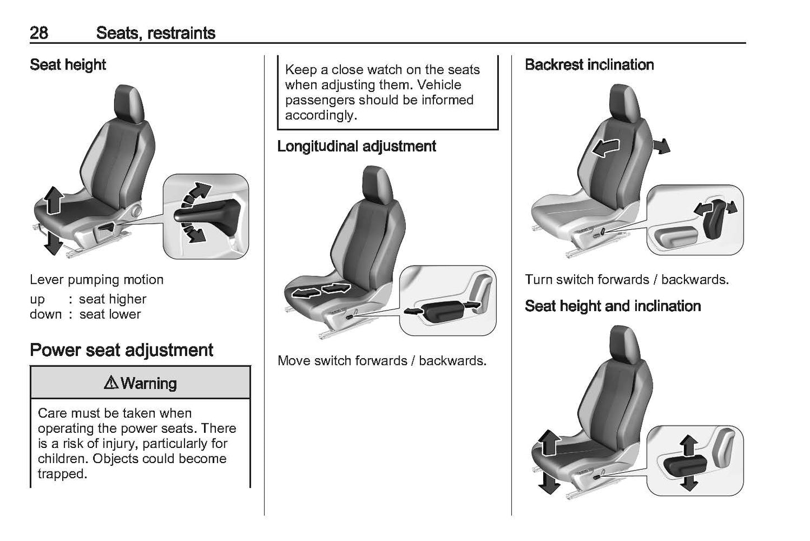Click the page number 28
[39, 33]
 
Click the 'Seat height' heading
[68, 65]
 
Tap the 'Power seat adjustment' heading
[122, 350]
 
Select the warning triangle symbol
[111, 382]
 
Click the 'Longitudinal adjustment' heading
[357, 146]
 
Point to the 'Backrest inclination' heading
[589, 64]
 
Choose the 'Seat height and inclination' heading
[613, 306]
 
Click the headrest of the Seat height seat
[129, 104]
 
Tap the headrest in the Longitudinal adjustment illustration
[377, 185]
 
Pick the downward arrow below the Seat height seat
[53, 242]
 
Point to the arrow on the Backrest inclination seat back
[606, 147]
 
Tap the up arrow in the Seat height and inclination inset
[688, 445]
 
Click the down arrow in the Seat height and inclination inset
[689, 483]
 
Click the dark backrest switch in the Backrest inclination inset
[715, 220]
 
